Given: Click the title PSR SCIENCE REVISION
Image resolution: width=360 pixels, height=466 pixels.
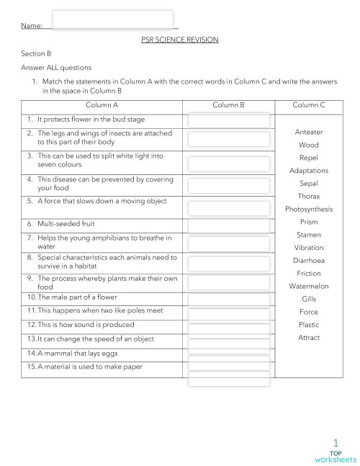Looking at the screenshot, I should point(179,40).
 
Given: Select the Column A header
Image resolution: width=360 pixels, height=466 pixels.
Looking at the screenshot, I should point(102,105).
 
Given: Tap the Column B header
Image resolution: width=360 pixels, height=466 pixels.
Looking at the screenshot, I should point(228,105).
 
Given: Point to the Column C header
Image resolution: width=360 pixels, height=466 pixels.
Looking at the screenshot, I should point(308,105).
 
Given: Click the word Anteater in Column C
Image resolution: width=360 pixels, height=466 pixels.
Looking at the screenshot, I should point(309,132).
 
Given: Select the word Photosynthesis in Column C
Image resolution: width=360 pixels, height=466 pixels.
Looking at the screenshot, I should point(309,209).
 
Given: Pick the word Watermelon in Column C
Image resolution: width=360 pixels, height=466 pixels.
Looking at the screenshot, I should point(309,286).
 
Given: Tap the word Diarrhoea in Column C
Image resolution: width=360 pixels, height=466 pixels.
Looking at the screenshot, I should point(309,260).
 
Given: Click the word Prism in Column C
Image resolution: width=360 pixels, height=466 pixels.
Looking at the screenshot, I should point(309,222).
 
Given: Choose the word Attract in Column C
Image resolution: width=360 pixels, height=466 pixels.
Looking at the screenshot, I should point(309,337).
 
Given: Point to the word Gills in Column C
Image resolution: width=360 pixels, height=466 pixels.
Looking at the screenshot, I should point(309,298).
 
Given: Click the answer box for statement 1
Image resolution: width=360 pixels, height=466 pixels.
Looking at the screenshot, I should point(228,120).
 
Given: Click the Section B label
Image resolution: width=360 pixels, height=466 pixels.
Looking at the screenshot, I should point(37,53).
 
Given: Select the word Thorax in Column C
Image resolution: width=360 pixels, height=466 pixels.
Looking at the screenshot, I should point(309,196).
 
